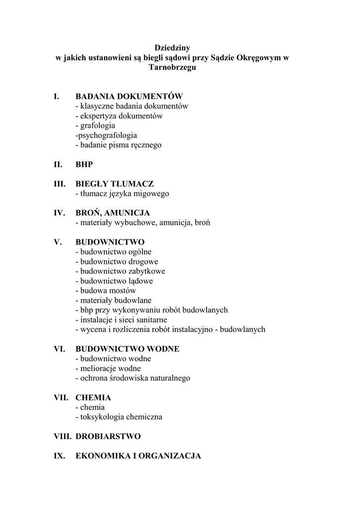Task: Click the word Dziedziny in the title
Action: pyautogui.click(x=172, y=48)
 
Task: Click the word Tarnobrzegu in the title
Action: pyautogui.click(x=172, y=67)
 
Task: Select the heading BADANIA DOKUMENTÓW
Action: pyautogui.click(x=129, y=96)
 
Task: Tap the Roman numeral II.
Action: pyautogui.click(x=58, y=164)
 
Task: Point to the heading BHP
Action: pyautogui.click(x=84, y=164)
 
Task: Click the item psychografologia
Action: pyautogui.click(x=106, y=135)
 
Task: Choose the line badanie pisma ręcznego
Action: pyautogui.click(x=118, y=145)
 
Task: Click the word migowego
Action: pyautogui.click(x=149, y=193)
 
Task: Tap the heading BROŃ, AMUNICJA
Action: pyautogui.click(x=112, y=213)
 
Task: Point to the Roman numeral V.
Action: pyautogui.click(x=58, y=242)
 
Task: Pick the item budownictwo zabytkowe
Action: pyautogui.click(x=120, y=271)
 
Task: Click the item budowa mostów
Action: pyautogui.click(x=106, y=290)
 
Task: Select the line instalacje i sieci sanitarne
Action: pyautogui.click(x=121, y=319)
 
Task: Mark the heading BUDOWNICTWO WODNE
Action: pyautogui.click(x=127, y=349)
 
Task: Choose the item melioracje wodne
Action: pyautogui.click(x=108, y=368)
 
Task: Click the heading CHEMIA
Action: pyautogui.click(x=93, y=397)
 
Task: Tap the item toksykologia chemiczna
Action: pyautogui.click(x=119, y=417)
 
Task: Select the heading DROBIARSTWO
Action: pyautogui.click(x=108, y=437)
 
